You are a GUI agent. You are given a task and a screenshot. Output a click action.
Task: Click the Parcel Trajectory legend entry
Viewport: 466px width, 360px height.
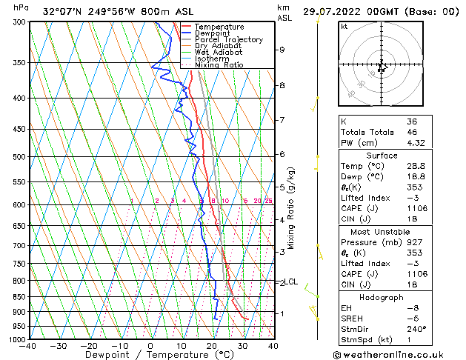228,39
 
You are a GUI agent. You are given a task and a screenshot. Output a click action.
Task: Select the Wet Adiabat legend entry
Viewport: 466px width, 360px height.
218,52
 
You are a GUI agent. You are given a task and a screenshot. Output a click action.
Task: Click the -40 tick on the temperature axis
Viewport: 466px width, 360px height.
28,346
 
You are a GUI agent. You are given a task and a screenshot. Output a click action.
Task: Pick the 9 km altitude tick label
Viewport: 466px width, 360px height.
282,50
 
